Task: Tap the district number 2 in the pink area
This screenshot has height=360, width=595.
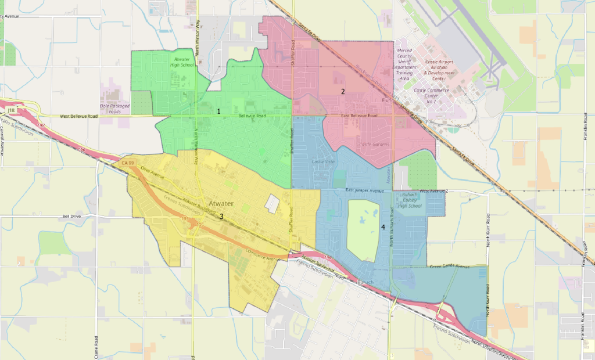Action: point(343,91)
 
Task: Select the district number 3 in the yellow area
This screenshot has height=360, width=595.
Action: point(221,217)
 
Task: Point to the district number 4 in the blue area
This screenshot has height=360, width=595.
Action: point(383,226)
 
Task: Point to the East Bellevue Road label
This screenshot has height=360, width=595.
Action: point(359,116)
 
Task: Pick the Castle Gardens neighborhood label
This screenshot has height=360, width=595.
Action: point(374,144)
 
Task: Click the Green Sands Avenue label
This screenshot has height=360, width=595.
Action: point(449,267)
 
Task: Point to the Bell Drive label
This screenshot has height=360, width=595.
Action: point(74,216)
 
